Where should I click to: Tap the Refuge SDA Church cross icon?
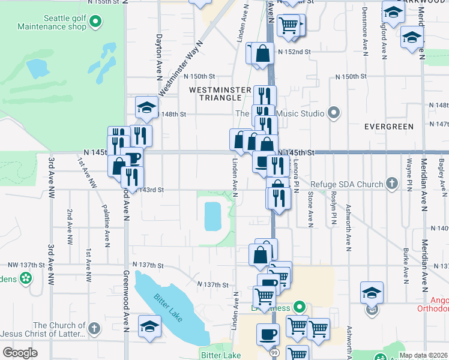pos(392,184)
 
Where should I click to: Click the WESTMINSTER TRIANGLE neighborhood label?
pos(220,94)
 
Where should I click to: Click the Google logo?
pos(20,353)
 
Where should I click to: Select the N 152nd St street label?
pos(294,52)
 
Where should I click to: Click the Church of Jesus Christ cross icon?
pos(94,328)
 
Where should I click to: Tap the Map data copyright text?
pos(424,355)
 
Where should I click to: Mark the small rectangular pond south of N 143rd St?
pos(212,216)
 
